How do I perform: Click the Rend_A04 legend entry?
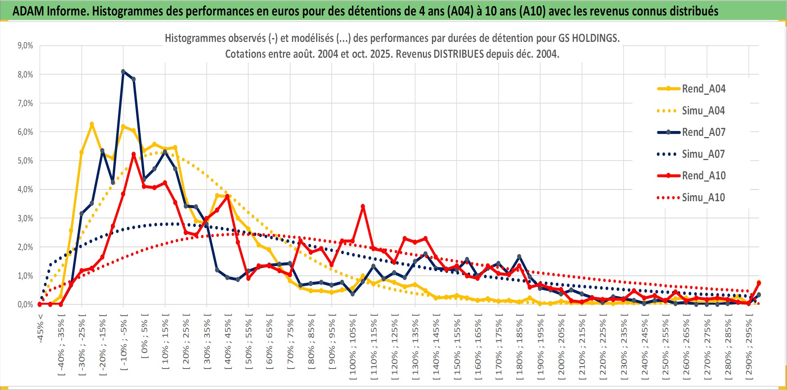tap(703, 89)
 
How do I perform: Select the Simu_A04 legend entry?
tap(703, 111)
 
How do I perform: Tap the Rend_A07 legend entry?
tap(703, 132)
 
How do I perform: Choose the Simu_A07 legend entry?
tap(703, 154)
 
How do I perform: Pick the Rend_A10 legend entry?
tap(703, 176)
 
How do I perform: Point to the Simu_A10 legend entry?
tap(703, 197)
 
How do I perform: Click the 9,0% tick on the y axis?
tap(25, 46)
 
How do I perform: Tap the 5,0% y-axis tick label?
tap(25, 161)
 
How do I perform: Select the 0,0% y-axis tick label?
tap(25, 305)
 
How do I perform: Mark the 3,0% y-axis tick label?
tap(25, 218)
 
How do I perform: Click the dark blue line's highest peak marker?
tap(123, 71)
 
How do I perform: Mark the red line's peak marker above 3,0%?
tap(363, 207)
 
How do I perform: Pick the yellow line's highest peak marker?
tap(92, 124)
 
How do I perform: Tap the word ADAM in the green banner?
tap(28, 11)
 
